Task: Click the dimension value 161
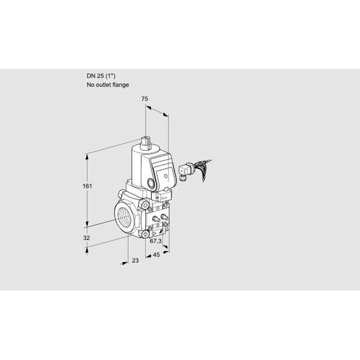tap(87, 186)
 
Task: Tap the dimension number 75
tap(145, 99)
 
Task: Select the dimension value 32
tap(86, 238)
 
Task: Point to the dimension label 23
tap(136, 260)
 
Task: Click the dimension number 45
tap(156, 254)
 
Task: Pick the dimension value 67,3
tap(155, 241)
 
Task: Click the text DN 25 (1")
tap(101, 76)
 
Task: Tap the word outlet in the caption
tap(103, 85)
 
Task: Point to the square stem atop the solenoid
tap(146, 142)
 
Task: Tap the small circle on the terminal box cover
tap(166, 176)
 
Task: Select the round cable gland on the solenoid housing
tap(151, 184)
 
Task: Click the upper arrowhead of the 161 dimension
tap(87, 157)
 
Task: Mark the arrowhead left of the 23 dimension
tap(125, 263)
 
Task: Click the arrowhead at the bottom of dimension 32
tap(87, 250)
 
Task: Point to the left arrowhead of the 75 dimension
tap(148, 107)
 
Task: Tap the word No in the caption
tap(91, 85)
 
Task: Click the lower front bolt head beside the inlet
tap(145, 234)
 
